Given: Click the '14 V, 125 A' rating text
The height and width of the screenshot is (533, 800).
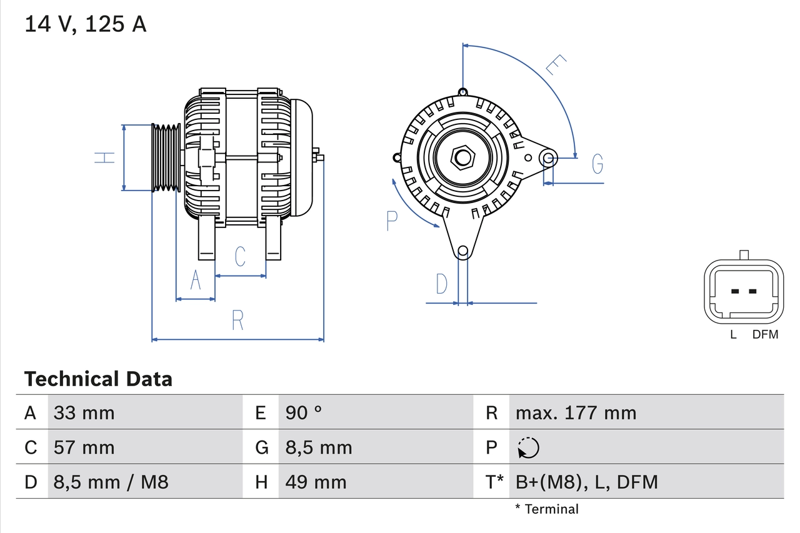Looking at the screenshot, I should click(86, 24).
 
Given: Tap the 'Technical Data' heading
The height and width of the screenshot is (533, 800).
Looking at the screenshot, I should click(98, 379).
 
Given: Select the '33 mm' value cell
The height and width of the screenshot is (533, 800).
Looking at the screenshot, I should click(84, 412).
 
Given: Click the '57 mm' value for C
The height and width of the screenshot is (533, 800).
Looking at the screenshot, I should click(84, 447).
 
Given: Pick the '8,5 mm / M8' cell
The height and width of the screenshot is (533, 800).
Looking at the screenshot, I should click(111, 482).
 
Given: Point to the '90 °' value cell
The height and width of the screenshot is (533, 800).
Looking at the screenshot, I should click(304, 412).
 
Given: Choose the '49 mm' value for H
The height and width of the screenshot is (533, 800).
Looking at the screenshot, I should click(316, 482).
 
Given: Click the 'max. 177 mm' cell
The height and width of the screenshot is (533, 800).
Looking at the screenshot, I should click(576, 412).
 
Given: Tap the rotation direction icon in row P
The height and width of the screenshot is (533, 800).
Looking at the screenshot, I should click(528, 447).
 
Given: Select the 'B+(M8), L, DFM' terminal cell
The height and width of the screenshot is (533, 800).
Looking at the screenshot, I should click(586, 482).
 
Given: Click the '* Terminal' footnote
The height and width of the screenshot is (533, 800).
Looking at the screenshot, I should click(547, 509).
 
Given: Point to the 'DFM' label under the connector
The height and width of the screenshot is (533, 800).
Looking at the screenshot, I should click(765, 335).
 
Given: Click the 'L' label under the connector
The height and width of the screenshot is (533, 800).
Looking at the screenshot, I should click(734, 335).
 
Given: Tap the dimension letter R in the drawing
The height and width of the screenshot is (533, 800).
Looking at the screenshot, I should click(237, 320).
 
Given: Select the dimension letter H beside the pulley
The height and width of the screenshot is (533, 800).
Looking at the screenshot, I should click(106, 157).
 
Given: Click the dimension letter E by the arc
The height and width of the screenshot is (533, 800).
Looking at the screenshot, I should click(555, 64).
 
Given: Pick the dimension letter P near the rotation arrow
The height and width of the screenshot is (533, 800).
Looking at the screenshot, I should click(392, 221).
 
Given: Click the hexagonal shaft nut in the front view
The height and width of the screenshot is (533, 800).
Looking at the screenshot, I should click(462, 157).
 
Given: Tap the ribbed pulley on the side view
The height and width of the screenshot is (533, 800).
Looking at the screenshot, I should click(166, 157).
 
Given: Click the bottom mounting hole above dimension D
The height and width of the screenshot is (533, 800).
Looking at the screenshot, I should click(462, 251).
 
